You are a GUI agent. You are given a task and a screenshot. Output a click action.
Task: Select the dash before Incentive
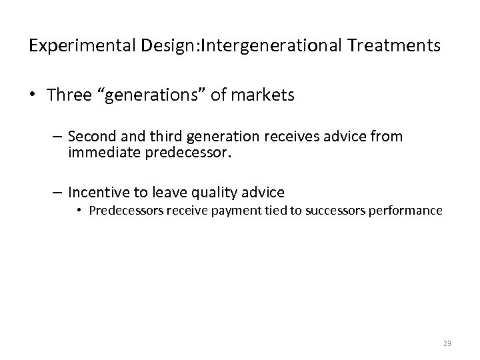click(x=57, y=193)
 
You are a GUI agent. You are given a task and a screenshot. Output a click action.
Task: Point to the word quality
click(x=210, y=193)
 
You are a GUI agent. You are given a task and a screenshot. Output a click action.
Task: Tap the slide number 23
click(x=447, y=344)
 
